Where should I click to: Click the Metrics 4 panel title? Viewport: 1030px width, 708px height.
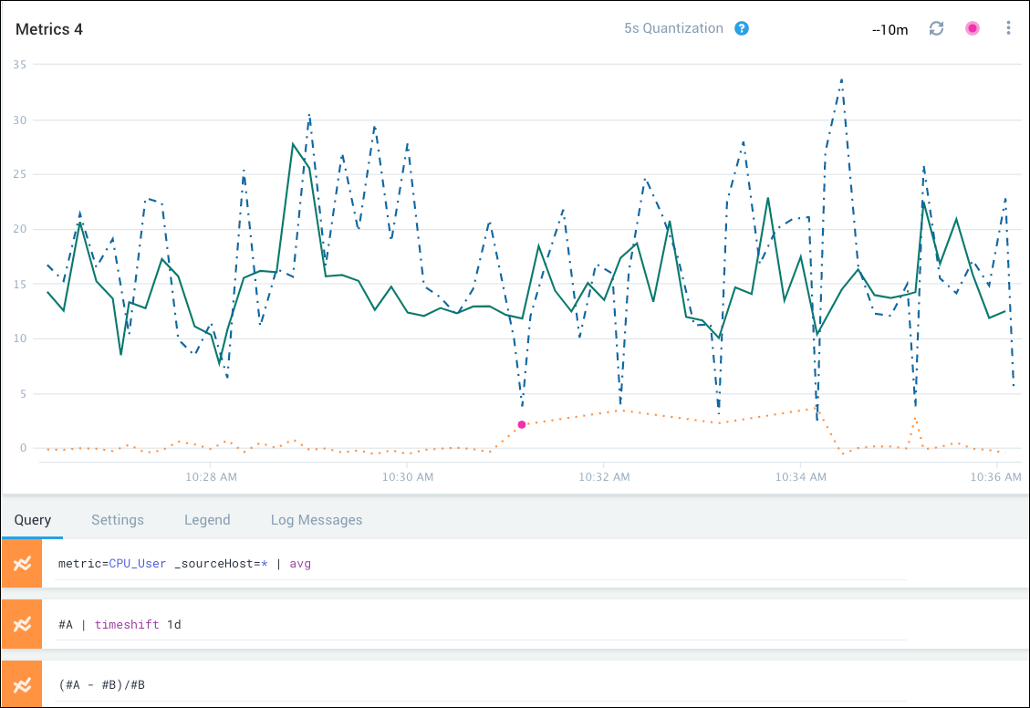(x=49, y=29)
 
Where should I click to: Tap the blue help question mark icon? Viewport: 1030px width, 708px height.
(x=742, y=28)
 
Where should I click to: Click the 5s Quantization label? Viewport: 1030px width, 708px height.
(x=673, y=28)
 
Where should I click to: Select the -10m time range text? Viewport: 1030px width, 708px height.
(x=890, y=29)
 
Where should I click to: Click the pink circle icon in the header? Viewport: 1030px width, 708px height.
(x=973, y=28)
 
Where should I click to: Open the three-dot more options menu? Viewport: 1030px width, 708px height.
(x=1008, y=28)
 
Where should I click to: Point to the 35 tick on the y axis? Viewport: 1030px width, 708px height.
(x=19, y=65)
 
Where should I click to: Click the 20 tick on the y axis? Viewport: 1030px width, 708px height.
(x=19, y=229)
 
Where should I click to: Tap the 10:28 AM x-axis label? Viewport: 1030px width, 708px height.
(x=211, y=476)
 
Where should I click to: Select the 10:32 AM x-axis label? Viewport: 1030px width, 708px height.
(x=604, y=476)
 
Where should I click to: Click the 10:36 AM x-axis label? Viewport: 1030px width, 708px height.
(x=996, y=476)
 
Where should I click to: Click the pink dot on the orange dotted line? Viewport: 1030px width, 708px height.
(x=522, y=424)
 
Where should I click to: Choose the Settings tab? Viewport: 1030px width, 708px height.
(x=118, y=520)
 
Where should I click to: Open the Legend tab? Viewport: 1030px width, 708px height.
(x=207, y=520)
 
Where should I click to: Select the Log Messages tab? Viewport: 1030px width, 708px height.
(x=317, y=520)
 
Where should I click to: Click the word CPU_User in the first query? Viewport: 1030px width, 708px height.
(x=137, y=564)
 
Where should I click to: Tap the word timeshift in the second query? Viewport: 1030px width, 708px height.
(x=127, y=624)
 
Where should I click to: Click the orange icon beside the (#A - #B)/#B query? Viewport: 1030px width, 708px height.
(x=22, y=684)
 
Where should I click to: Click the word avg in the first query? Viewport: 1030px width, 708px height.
(x=300, y=564)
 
